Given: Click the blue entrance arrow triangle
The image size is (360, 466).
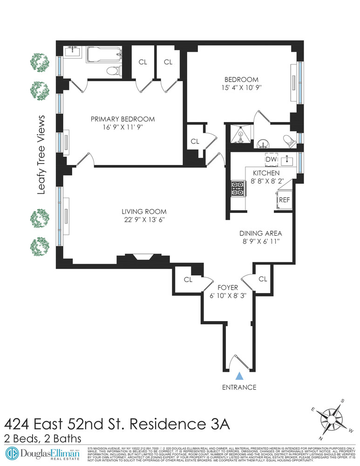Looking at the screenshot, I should tap(240, 376).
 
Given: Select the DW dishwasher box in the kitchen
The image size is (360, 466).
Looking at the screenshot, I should tap(271, 159).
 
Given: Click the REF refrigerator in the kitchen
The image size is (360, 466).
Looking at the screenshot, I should tap(284, 200).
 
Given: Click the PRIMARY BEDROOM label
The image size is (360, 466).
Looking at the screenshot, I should tap(122, 119).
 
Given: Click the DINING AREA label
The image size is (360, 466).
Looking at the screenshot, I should tap(261, 233).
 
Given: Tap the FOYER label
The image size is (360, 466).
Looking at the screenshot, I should tap(228, 288).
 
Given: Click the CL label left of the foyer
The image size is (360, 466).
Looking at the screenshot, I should tap(188, 280).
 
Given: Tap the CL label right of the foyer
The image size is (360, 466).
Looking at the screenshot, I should tap(263, 279).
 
